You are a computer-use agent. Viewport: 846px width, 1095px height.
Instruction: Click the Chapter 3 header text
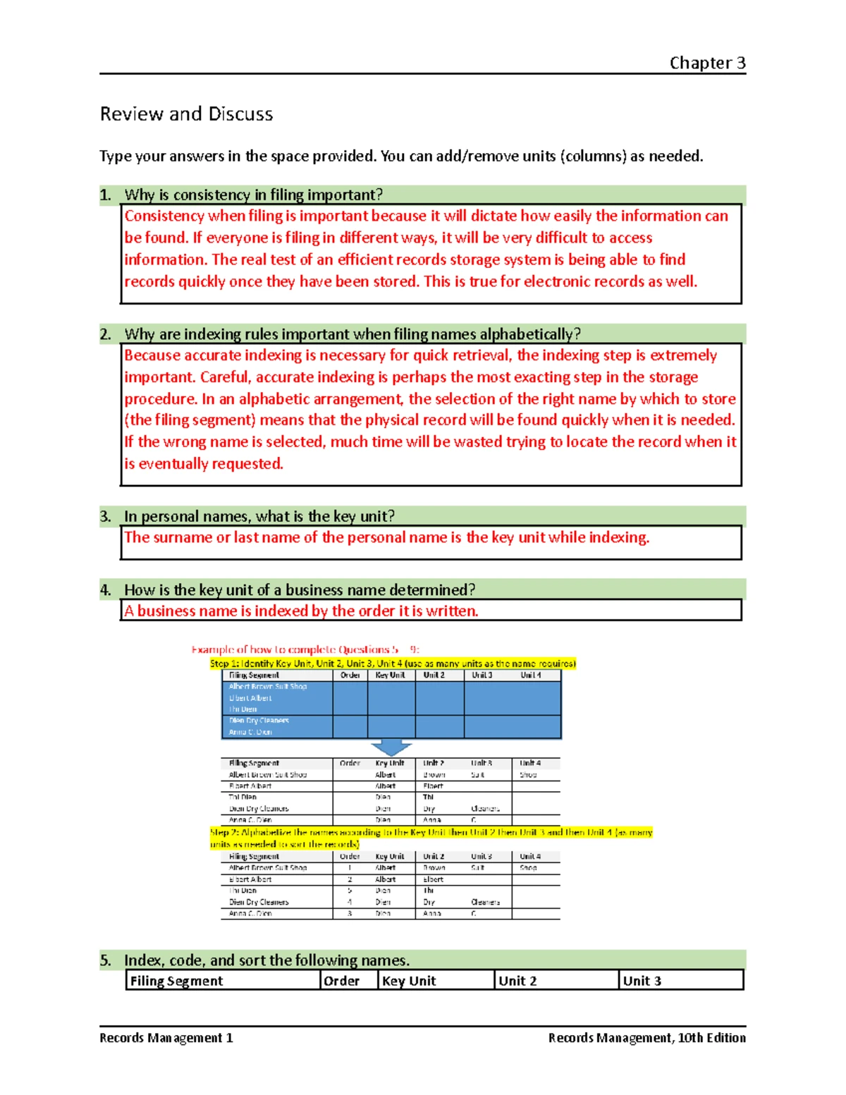click(x=706, y=63)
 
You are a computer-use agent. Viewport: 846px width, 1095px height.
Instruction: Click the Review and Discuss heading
click(x=186, y=114)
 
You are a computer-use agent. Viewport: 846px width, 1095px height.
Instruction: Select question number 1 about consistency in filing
click(x=253, y=195)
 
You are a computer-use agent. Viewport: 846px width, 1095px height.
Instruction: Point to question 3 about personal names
click(x=259, y=516)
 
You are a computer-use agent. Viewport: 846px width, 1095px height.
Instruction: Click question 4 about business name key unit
click(x=299, y=589)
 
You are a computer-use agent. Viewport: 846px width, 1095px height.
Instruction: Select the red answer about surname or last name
click(x=386, y=537)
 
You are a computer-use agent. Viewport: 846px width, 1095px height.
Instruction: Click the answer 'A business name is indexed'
click(x=301, y=611)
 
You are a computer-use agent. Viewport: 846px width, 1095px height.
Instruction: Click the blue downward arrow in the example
click(x=391, y=747)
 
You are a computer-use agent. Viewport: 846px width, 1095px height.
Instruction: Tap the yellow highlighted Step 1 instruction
click(x=393, y=663)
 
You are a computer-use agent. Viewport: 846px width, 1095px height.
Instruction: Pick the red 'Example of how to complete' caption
click(x=305, y=649)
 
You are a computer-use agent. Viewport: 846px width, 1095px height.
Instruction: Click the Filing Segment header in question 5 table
click(x=176, y=981)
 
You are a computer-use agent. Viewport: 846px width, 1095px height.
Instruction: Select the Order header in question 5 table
click(x=341, y=981)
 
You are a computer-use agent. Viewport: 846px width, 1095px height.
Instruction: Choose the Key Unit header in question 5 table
click(x=409, y=981)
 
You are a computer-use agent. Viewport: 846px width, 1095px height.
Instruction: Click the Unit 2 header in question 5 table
click(x=517, y=981)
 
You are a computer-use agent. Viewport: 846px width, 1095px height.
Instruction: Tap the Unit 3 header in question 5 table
click(x=642, y=981)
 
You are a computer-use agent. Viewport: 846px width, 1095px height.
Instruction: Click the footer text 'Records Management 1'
click(x=166, y=1038)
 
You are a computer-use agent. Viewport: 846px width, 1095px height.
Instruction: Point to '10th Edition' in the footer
click(x=711, y=1038)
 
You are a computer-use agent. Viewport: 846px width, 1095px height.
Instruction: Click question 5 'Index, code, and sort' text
click(x=266, y=960)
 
